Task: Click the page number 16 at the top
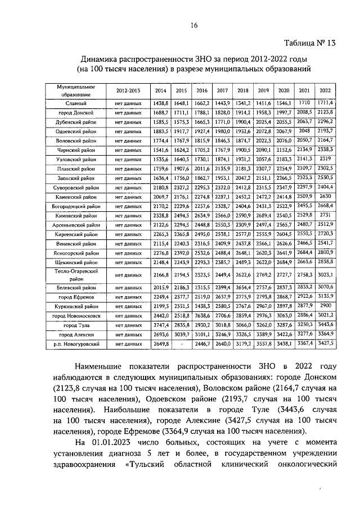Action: pyautogui.click(x=194, y=25)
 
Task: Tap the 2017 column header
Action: pyautogui.click(x=222, y=90)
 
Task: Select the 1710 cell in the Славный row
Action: pyautogui.click(x=304, y=103)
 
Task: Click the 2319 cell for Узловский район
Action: pyautogui.click(x=325, y=158)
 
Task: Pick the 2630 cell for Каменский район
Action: pyautogui.click(x=325, y=197)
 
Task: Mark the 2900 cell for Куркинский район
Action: pyautogui.click(x=325, y=306)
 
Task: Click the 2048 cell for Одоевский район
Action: pyautogui.click(x=304, y=130)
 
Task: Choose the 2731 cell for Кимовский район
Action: pyautogui.click(x=325, y=215)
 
